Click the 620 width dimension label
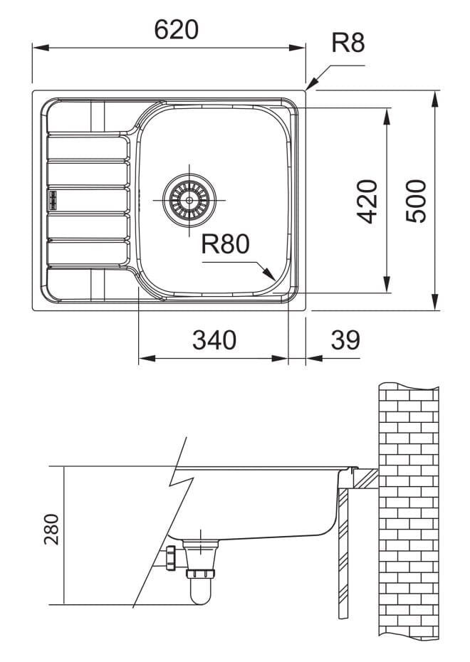176,30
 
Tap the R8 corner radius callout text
348,43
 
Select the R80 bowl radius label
225,244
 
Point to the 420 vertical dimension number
367,201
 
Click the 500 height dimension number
416,201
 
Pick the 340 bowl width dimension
214,340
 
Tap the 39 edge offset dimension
345,340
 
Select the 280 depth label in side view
51,529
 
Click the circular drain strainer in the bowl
189,200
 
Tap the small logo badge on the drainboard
53,200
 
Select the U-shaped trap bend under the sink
200,592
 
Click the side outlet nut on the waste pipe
171,558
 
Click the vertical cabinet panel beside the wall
343,553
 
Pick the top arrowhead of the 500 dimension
435,99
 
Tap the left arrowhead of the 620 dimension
41,48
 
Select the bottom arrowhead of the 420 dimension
387,284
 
